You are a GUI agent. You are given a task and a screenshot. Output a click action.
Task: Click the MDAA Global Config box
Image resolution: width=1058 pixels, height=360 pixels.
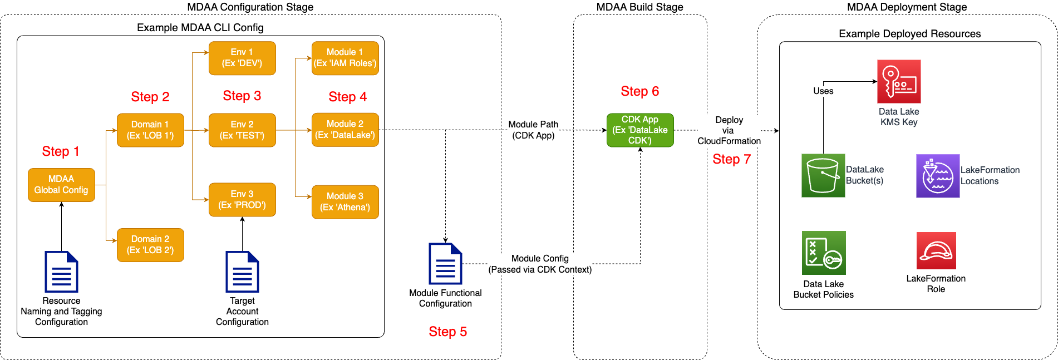(61, 185)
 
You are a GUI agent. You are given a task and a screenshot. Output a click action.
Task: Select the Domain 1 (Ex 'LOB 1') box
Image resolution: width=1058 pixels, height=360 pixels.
(150, 130)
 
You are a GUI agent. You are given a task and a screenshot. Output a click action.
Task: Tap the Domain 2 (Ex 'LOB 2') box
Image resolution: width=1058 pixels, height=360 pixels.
(150, 245)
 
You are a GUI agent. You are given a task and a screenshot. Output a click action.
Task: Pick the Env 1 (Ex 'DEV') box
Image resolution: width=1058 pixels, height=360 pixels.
(242, 58)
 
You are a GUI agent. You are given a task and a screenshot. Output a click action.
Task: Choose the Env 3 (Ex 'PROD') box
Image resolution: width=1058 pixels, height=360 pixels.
(242, 200)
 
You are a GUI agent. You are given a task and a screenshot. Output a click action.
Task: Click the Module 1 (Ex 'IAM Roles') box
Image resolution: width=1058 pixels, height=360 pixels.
(345, 58)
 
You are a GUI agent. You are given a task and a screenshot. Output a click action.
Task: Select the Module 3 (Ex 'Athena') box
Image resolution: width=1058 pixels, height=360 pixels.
(345, 202)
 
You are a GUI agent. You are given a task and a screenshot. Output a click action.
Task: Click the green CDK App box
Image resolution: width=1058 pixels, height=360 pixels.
(640, 130)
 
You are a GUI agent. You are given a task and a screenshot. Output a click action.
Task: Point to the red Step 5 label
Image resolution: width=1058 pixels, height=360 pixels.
(447, 332)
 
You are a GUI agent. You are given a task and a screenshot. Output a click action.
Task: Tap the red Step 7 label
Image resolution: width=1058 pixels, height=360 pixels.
(731, 159)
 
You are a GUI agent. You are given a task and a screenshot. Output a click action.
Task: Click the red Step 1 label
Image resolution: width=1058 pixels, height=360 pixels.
(61, 151)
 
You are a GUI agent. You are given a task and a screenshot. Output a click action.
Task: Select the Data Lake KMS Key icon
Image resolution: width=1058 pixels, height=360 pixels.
(899, 81)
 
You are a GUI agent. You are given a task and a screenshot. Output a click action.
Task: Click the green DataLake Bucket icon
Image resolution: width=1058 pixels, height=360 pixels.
(823, 175)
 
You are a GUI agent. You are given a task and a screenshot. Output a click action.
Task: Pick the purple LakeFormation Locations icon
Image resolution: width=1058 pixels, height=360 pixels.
(938, 176)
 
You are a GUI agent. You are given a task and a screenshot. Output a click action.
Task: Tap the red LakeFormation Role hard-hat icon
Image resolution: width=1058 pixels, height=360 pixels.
(936, 250)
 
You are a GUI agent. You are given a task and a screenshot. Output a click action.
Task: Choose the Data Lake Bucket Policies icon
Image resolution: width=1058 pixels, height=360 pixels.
(824, 253)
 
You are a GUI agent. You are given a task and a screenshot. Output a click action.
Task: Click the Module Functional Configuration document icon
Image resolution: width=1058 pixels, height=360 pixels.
(445, 264)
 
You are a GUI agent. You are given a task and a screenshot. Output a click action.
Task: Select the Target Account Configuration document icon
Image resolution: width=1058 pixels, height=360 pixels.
(242, 272)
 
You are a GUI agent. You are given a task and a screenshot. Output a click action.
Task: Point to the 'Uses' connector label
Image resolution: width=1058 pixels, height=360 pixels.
(823, 91)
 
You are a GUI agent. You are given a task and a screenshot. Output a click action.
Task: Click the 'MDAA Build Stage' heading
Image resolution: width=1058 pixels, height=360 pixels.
(639, 7)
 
